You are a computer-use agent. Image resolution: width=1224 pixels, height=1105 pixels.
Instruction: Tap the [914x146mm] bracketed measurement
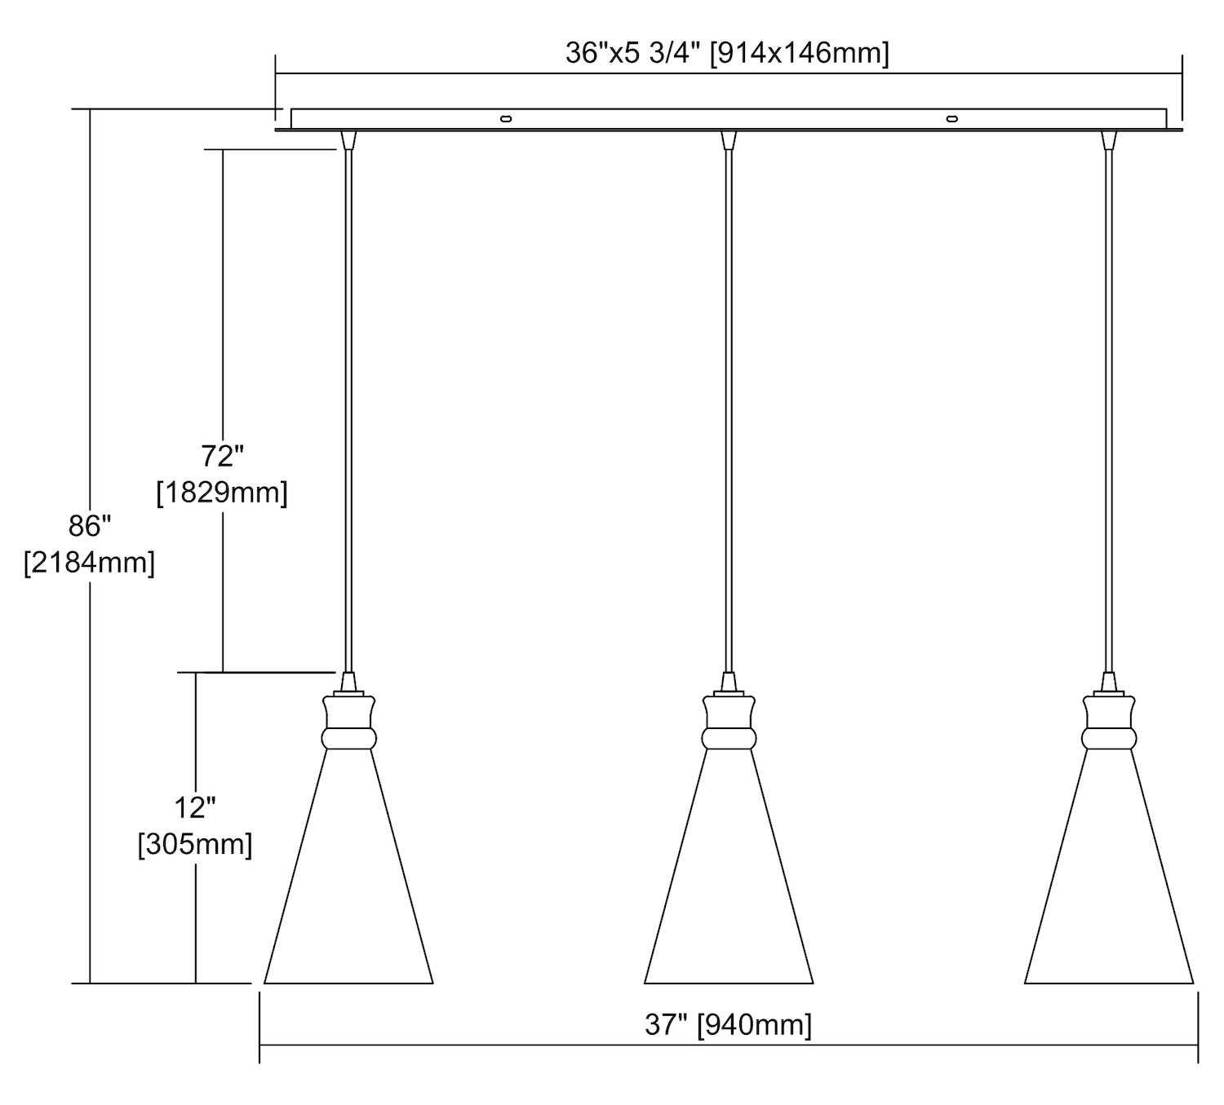coord(800,54)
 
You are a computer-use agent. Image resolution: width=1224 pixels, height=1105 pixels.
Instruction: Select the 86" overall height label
coord(90,526)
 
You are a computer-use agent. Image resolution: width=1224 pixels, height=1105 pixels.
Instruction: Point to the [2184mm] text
coord(90,562)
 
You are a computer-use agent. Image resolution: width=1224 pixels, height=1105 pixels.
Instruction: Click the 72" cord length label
coord(222,456)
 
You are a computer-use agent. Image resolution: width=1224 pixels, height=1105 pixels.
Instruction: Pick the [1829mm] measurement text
coord(222,492)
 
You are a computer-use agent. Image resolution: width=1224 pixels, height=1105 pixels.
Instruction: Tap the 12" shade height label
coord(195,807)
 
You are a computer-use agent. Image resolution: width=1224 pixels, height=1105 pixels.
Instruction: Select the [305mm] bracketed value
coord(195,845)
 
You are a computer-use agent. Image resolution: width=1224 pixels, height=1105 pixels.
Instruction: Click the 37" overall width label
coord(667,1025)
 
